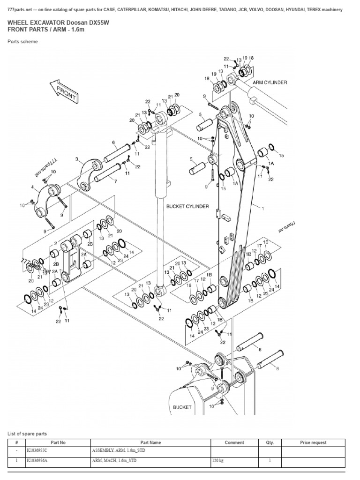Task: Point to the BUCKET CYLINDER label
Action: pyautogui.click(x=187, y=206)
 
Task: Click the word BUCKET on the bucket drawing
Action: pyautogui.click(x=182, y=407)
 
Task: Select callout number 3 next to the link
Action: pyautogui.click(x=77, y=159)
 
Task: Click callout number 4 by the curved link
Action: pyautogui.click(x=32, y=187)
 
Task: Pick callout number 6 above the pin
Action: pyautogui.click(x=113, y=142)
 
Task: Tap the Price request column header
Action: pyautogui.click(x=313, y=442)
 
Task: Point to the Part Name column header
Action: pyautogui.click(x=151, y=442)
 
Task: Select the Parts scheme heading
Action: pyautogui.click(x=22, y=42)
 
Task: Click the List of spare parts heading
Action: pyautogui.click(x=27, y=434)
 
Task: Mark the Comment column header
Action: pyautogui.click(x=234, y=442)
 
